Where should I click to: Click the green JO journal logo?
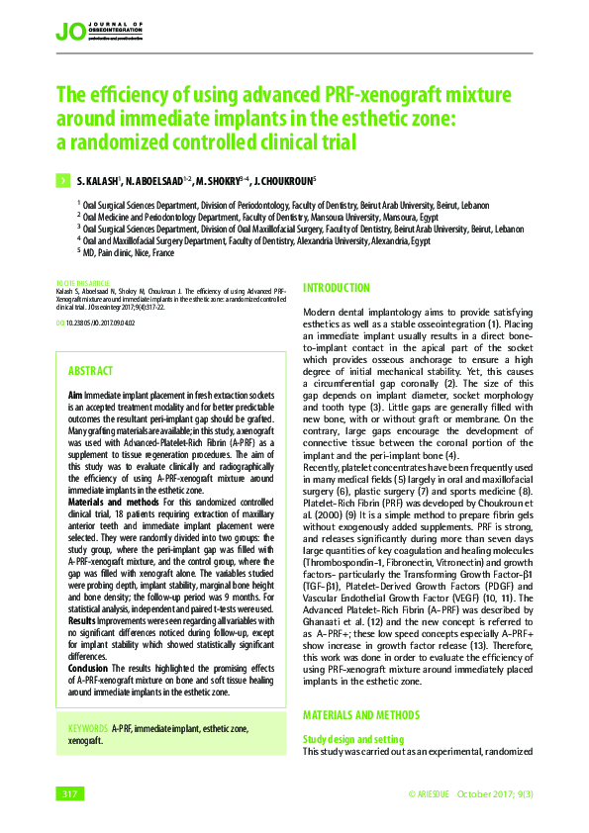(70, 34)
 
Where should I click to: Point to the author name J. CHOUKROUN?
(284, 182)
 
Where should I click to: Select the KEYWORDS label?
(87, 729)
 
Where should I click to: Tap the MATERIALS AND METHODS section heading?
(360, 715)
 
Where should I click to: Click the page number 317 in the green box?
(69, 794)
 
